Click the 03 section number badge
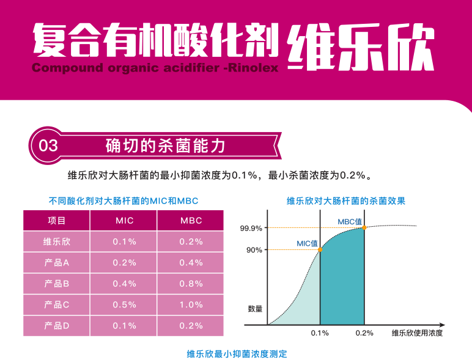[48, 145]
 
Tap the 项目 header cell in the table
[57, 221]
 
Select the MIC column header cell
[124, 221]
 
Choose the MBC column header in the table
[191, 221]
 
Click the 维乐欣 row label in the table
[57, 241]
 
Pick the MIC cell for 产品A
[124, 263]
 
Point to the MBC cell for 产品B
[191, 284]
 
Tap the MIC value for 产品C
[124, 304]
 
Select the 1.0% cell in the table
[191, 304]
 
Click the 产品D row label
[57, 326]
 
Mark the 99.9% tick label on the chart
[251, 229]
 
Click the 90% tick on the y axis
[254, 250]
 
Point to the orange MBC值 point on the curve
[364, 228]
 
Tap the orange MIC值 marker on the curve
[320, 249]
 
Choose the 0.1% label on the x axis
[320, 333]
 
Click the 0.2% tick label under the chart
[364, 333]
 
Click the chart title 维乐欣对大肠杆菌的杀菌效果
[346, 200]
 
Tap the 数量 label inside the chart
[256, 309]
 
